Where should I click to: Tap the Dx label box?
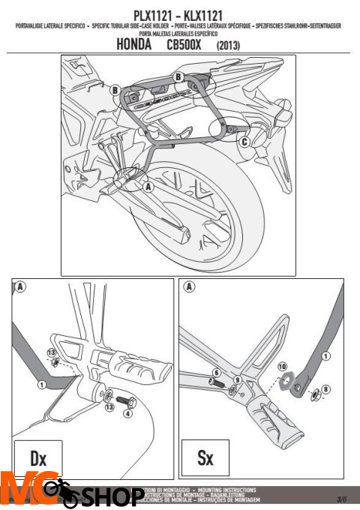[37, 457]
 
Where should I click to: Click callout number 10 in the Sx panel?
[283, 367]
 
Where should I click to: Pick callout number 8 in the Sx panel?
[325, 389]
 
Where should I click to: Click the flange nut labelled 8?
[313, 391]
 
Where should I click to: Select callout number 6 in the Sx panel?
[215, 373]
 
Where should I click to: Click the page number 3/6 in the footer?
[340, 498]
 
